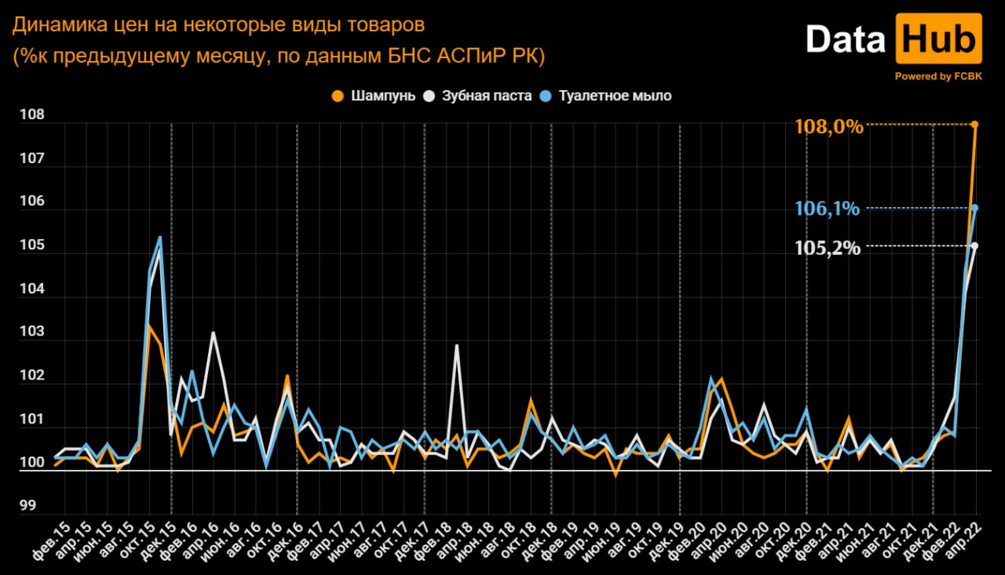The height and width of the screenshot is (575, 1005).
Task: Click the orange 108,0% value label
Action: (828, 126)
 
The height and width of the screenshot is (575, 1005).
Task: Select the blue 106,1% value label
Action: (828, 209)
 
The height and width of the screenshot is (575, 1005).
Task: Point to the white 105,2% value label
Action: (828, 248)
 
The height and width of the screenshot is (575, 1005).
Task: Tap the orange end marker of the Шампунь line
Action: (974, 124)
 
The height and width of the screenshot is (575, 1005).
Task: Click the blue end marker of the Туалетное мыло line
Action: (974, 208)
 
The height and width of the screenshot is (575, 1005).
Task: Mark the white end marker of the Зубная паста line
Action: (974, 246)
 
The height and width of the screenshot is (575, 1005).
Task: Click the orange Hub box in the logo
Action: (939, 39)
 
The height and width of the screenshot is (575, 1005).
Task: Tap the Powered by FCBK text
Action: (937, 76)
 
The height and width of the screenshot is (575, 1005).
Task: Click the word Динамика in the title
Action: (56, 26)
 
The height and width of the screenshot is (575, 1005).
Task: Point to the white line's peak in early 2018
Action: (456, 345)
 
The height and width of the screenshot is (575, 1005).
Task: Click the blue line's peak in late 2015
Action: (160, 237)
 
